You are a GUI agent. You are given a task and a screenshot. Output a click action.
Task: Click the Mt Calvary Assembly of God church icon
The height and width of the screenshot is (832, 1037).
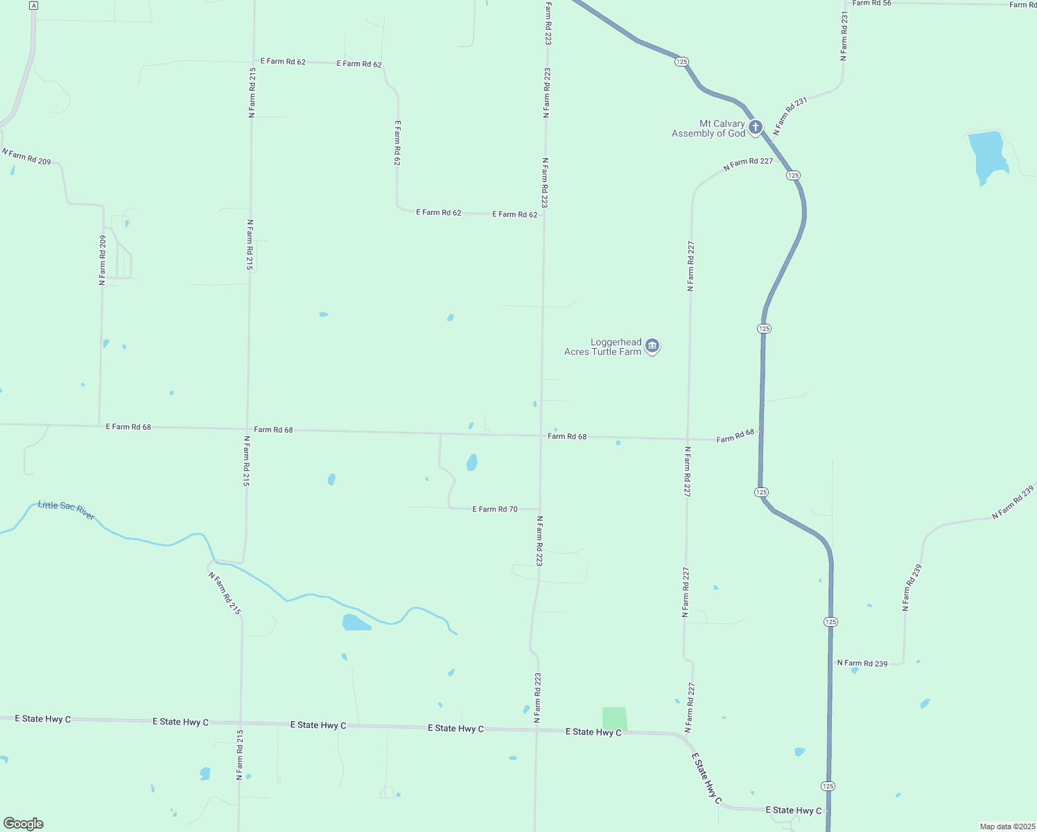[756, 128]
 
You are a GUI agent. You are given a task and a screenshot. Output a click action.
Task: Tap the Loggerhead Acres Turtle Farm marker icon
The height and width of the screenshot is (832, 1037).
[652, 346]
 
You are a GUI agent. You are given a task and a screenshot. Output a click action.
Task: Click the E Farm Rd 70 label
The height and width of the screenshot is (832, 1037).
[495, 509]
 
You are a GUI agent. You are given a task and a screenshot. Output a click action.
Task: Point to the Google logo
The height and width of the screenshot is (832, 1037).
[24, 824]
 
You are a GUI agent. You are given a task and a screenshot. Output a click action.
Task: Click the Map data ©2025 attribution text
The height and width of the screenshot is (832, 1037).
[1007, 826]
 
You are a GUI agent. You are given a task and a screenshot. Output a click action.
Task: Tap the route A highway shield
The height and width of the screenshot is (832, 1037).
[34, 5]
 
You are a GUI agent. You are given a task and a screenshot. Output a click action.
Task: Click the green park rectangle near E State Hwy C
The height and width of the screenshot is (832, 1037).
[614, 718]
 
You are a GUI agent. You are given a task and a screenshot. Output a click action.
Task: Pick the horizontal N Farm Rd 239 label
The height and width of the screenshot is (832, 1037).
[862, 664]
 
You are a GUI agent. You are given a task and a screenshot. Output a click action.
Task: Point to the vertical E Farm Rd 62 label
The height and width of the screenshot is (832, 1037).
[397, 143]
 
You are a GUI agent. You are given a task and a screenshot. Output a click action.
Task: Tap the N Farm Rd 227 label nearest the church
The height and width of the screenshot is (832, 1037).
[748, 164]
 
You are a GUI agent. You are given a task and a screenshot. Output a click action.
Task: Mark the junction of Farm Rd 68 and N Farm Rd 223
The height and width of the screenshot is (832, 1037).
[541, 435]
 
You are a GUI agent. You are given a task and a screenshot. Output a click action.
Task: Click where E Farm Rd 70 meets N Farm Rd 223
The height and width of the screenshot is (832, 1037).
[540, 509]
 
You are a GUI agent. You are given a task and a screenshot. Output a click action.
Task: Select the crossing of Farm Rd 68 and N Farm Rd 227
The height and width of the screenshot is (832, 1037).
[688, 439]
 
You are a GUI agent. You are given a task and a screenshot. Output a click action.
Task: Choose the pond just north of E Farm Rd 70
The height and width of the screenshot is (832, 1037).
[471, 462]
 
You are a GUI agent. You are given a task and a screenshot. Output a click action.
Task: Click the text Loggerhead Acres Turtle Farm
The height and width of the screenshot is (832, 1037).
[602, 347]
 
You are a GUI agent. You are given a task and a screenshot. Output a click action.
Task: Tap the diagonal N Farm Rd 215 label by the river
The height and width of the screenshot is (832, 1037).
[225, 593]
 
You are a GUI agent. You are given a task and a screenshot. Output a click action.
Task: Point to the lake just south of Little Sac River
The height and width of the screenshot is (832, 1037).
[355, 622]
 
